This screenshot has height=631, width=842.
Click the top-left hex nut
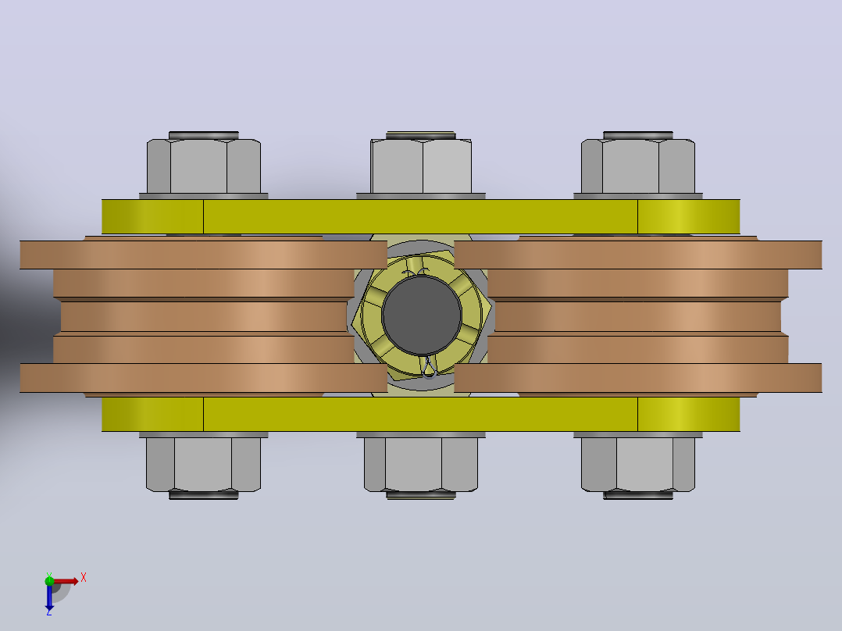204,166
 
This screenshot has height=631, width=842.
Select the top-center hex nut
421,166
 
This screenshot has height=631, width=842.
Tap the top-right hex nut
638,166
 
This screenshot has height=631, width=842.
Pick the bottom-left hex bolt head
204,464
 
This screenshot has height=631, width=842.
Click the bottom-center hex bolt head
421,464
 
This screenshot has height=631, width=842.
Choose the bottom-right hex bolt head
638,464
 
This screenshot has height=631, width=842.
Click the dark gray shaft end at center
422,315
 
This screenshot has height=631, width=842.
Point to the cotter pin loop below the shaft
430,367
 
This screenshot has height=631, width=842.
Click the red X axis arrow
66,581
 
